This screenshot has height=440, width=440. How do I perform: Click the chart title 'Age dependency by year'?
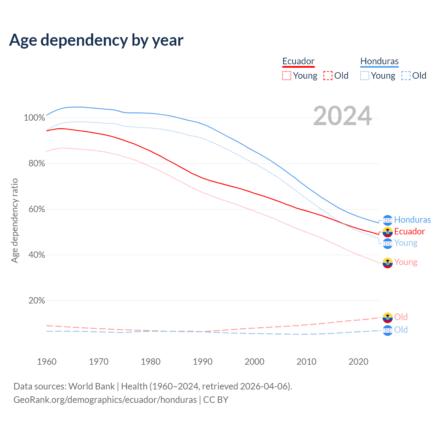pyautogui.click(x=96, y=40)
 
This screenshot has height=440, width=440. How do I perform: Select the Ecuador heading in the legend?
pyautogui.click(x=298, y=61)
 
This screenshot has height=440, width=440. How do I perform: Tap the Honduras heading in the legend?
pyautogui.click(x=379, y=61)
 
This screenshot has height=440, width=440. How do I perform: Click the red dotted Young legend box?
pyautogui.click(x=287, y=76)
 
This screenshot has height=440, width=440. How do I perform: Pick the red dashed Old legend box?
pyautogui.click(x=328, y=76)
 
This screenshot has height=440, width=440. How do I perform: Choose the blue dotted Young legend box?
pyautogui.click(x=365, y=76)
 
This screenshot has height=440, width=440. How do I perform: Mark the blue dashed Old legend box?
pyautogui.click(x=406, y=76)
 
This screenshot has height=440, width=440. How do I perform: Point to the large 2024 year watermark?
pyautogui.click(x=342, y=116)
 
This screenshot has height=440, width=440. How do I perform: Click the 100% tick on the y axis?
pyautogui.click(x=34, y=118)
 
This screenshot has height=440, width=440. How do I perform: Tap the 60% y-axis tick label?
pyautogui.click(x=36, y=209)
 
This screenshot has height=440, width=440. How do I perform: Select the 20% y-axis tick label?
pyautogui.click(x=36, y=301)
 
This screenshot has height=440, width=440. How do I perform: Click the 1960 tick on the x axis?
pyautogui.click(x=47, y=362)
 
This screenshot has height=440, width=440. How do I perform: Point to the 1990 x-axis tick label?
pyautogui.click(x=203, y=362)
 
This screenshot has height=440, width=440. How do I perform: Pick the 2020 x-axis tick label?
pyautogui.click(x=359, y=362)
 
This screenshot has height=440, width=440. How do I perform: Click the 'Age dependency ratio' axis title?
pyautogui.click(x=14, y=220)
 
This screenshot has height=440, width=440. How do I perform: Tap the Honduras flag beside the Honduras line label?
pyautogui.click(x=387, y=220)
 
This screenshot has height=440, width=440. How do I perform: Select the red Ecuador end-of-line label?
pyautogui.click(x=409, y=231)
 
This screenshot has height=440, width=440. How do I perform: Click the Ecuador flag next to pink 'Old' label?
pyautogui.click(x=387, y=317)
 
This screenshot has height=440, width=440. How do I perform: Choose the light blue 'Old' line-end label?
pyautogui.click(x=401, y=330)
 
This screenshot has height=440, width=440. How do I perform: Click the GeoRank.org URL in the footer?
pyautogui.click(x=105, y=400)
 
